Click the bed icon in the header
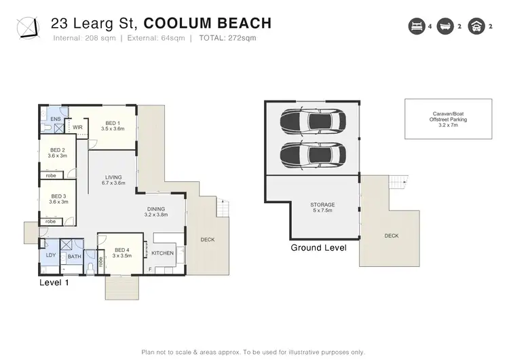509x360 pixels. pos(417,26)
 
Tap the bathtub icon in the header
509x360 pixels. pos(445,26)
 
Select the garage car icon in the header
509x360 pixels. pos(476,26)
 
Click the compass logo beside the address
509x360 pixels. pos(29,29)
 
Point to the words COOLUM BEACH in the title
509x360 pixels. pos(208,23)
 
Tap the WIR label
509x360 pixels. pos(77,128)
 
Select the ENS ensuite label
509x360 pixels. pos(56,119)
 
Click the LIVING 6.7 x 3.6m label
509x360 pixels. pos(113,180)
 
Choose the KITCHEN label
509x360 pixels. pos(163,253)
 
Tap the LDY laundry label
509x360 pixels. pos(51,255)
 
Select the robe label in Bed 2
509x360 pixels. pos(51,175)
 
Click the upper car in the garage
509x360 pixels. pos(313,121)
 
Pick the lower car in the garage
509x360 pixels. pos(313,155)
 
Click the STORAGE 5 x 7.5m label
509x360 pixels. pos(322,208)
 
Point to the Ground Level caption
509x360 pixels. pos(318,248)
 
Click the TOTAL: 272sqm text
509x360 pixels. pos(227,38)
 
